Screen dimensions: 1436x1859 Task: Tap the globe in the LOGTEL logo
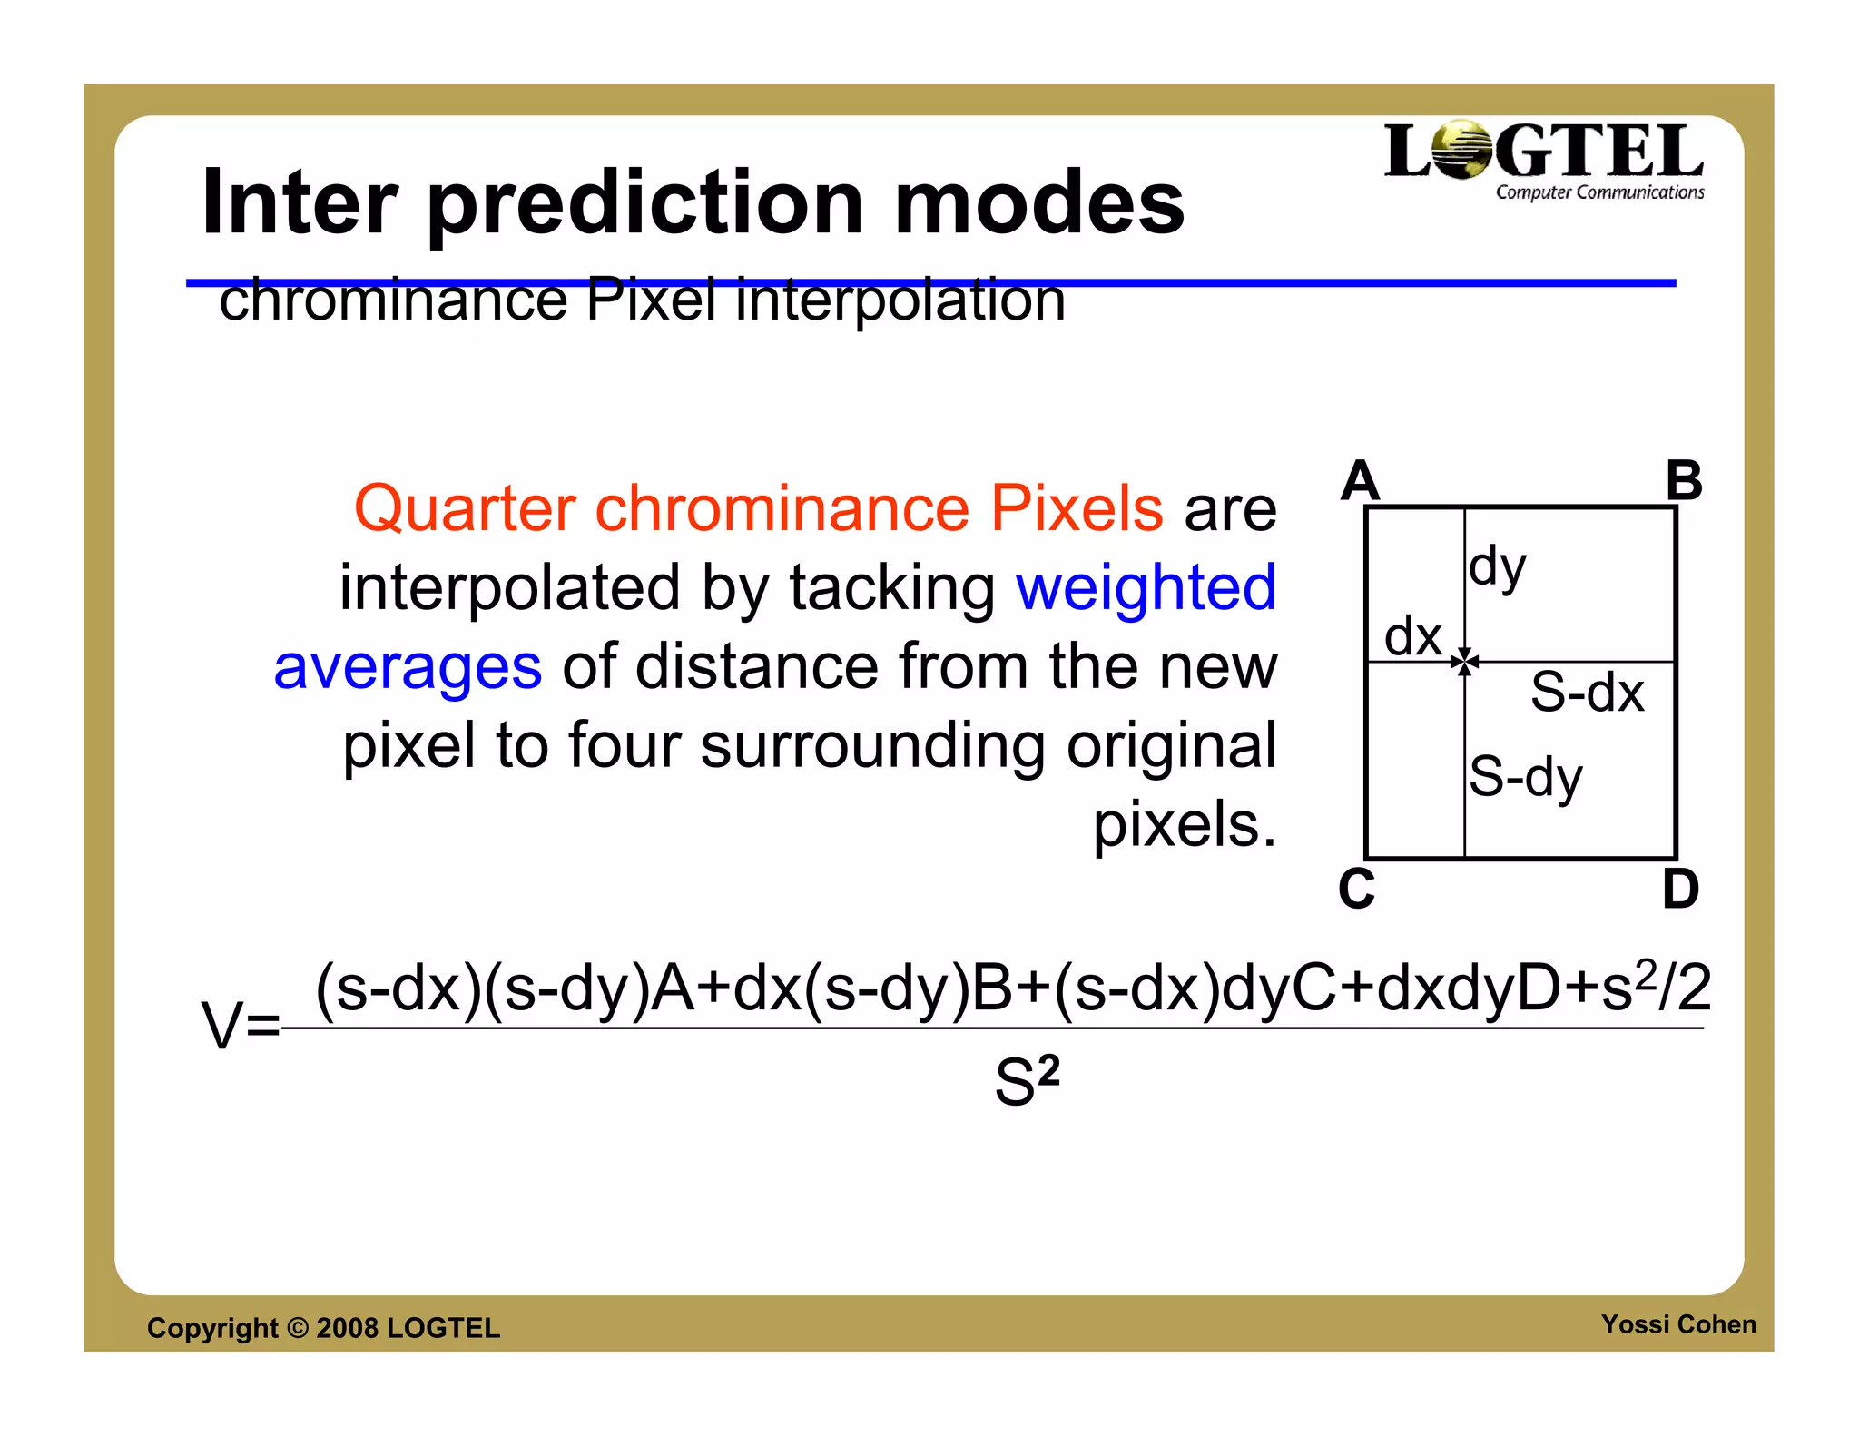coord(1461,150)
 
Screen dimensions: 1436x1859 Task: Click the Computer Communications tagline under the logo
coord(1599,192)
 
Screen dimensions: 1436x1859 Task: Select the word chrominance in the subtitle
coord(393,300)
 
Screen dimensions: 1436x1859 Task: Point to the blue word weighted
coord(1146,587)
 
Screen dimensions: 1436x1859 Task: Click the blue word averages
coord(408,666)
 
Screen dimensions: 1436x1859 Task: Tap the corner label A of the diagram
coord(1360,481)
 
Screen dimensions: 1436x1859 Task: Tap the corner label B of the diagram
coord(1684,481)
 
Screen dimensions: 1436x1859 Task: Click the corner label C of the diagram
coord(1357,889)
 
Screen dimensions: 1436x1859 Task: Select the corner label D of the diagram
coord(1680,889)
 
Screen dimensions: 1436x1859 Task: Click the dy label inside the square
coord(1498,567)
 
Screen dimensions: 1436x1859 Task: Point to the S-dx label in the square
coord(1587,693)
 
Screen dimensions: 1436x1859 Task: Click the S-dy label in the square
coord(1525,777)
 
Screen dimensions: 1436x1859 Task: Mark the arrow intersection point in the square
coord(1464,662)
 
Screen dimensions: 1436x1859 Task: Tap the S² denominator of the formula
coord(1027,1081)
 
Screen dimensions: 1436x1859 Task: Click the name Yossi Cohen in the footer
coord(1678,1324)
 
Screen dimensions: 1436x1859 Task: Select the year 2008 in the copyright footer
coord(347,1328)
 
